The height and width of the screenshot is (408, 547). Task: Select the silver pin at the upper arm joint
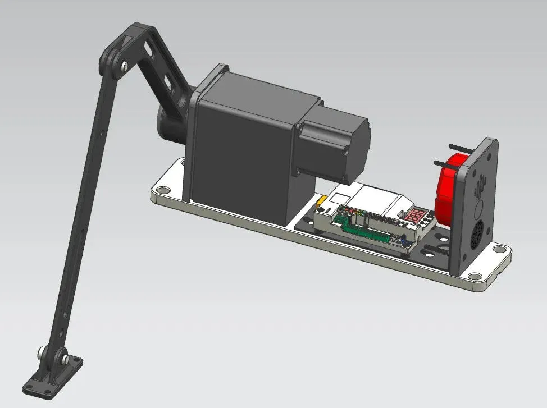pos(122,66)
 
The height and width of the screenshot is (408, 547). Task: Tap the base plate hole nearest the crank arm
pos(162,190)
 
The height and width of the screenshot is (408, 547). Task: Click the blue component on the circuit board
pos(400,241)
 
